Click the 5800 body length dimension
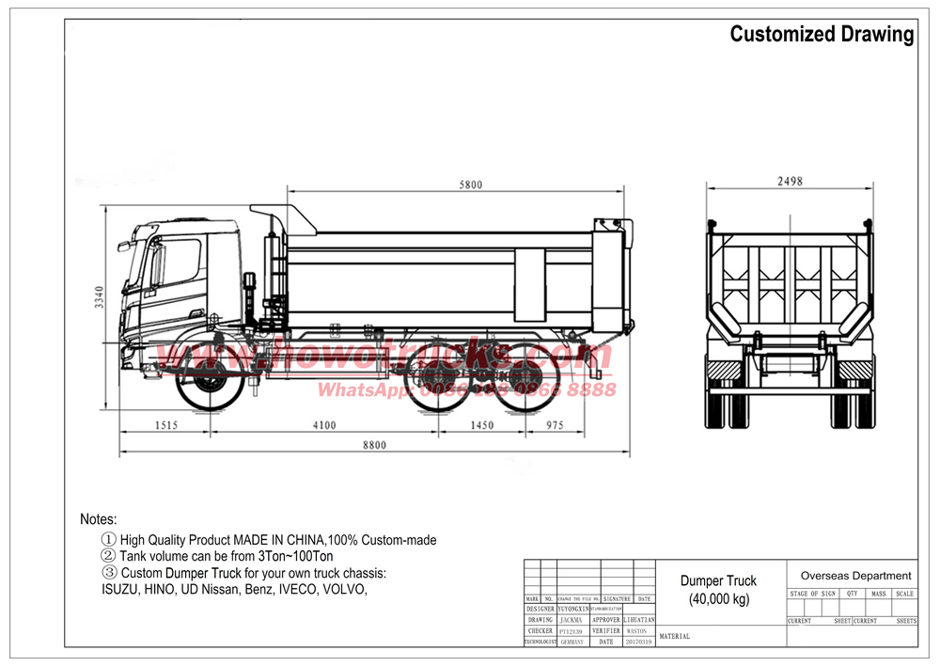pos(470,185)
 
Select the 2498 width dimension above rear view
pos(790,182)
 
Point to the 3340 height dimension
pos(98,297)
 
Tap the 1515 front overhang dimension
pos(166,425)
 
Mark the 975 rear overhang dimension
pos(554,425)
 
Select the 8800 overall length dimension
pos(373,446)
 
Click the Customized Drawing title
pos(822,35)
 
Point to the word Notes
pos(99,519)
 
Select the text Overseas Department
pos(855,575)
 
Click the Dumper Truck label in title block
pos(719,581)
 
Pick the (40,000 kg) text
pos(719,599)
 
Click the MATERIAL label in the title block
pos(675,637)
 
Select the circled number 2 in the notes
pos(108,556)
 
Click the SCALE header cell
pos(904,594)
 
